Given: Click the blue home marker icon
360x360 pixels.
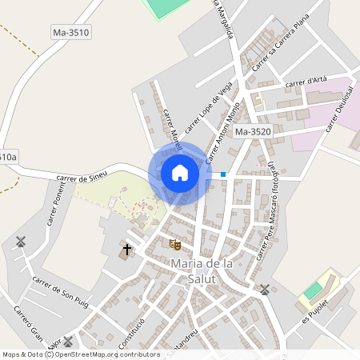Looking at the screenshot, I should coord(179,173).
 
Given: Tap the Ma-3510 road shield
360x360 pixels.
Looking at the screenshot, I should coord(70,33).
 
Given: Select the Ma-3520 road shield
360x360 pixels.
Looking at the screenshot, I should coord(253,131).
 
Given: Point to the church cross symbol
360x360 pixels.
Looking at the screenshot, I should coord(126,250).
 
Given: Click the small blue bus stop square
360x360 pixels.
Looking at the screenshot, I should coord(223,174).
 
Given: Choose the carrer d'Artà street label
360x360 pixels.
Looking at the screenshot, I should coord(306,81).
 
